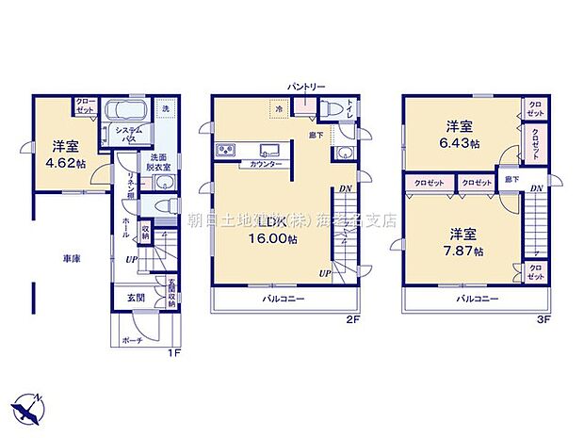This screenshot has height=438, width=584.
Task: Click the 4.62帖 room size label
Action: pos(64,163)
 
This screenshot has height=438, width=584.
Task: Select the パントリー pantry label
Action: pos(307,88)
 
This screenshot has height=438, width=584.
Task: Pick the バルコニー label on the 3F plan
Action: pos(478,299)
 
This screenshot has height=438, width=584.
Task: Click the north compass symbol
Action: pos(30,408)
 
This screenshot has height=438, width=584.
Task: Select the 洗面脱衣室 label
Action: pos(156,162)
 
